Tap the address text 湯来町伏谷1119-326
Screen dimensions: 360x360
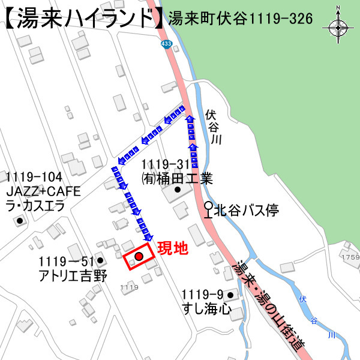(241, 19)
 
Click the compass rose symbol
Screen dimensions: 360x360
(338, 27)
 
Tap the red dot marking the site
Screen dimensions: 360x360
(139, 257)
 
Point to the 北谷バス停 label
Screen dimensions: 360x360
(247, 210)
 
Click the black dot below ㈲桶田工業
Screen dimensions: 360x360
(177, 191)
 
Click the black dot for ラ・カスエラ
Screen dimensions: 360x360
(20, 221)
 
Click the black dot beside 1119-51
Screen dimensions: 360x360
(100, 262)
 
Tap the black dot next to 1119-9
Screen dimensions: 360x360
(230, 295)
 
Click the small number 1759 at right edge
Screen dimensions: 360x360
(349, 257)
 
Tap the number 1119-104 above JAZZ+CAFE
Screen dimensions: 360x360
(34, 177)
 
